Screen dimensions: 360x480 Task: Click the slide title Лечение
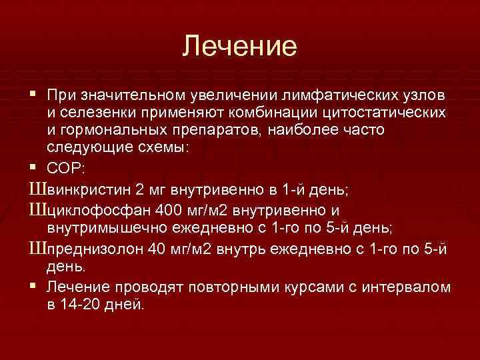(239, 46)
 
